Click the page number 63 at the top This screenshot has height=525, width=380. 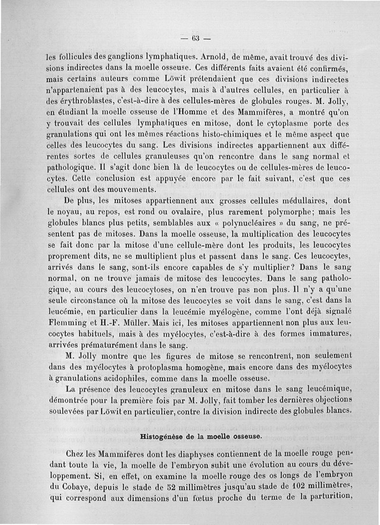195,38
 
